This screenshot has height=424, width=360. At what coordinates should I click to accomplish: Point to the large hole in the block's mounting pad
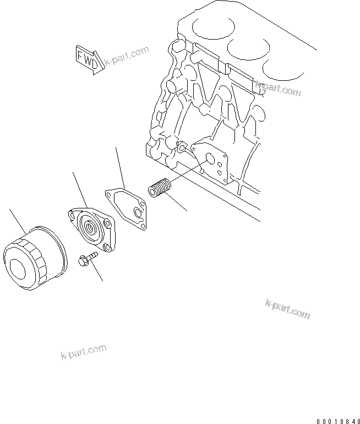[209, 159]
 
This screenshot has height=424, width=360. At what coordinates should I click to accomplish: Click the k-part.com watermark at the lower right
[287, 309]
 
